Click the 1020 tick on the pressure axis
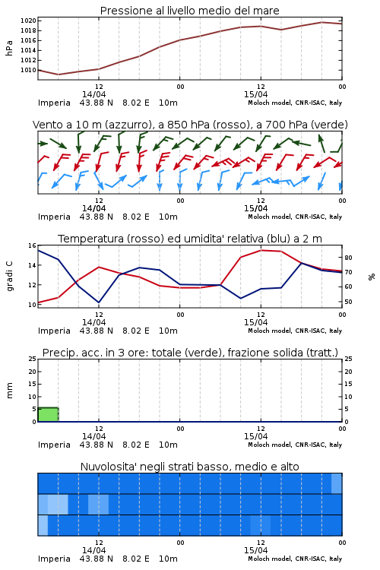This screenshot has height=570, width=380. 28,21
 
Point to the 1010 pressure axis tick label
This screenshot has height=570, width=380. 28,70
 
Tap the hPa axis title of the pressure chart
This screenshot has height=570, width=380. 9,48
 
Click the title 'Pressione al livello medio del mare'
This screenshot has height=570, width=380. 190,11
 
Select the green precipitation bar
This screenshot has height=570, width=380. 49,414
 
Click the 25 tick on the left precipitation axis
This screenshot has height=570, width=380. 33,359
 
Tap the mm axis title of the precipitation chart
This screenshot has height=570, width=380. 10,391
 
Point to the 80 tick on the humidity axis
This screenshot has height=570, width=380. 348,258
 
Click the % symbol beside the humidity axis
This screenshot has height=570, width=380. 372,277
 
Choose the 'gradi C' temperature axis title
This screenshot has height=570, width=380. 9,276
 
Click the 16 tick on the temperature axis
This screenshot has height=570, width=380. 33,245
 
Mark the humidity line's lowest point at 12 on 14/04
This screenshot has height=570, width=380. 99,302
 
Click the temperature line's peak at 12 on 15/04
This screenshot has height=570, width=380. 261,250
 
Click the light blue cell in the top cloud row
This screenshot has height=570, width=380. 337,483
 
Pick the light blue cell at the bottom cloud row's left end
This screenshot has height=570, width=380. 43,525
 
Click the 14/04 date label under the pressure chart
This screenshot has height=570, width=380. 93,94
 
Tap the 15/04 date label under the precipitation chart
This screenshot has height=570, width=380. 255,436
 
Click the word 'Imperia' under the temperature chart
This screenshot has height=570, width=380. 54,331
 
